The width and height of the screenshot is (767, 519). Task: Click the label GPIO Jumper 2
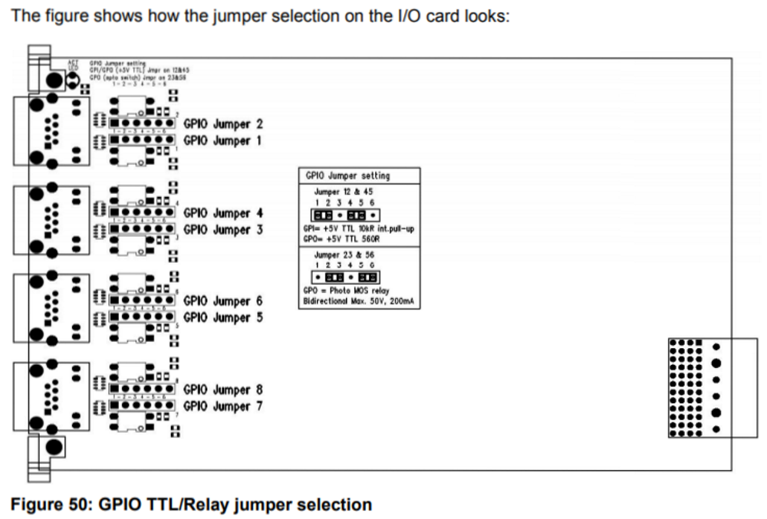point(223,124)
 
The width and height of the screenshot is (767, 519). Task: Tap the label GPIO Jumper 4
point(223,213)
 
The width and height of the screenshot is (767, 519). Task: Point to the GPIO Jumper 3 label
point(223,229)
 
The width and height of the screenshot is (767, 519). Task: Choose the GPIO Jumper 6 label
point(223,301)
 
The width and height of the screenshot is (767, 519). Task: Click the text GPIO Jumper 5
point(223,317)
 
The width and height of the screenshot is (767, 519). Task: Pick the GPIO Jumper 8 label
point(223,390)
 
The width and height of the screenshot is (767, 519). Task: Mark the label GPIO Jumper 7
point(223,406)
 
